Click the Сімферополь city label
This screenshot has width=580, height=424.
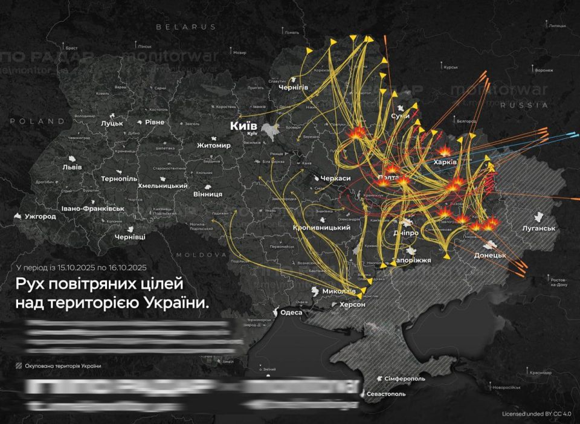tap(404, 379)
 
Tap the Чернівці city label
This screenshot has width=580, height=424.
tap(130, 237)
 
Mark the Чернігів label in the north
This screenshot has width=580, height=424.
tap(293, 88)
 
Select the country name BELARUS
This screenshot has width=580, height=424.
tap(186, 27)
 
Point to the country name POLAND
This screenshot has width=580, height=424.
tap(37, 121)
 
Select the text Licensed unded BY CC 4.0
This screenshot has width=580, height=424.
tap(535, 414)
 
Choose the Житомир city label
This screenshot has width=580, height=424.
tap(210, 146)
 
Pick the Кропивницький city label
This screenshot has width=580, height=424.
tap(321, 228)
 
